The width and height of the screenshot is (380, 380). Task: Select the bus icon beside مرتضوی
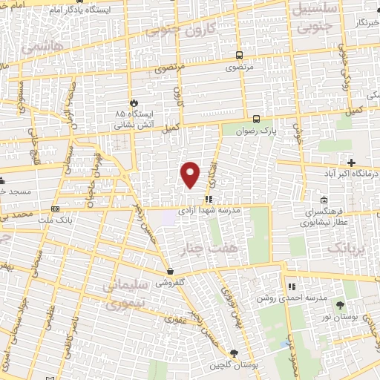click(x=239, y=55)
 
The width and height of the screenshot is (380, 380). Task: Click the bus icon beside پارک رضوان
click(x=256, y=118)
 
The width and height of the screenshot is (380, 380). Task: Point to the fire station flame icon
click(x=133, y=102)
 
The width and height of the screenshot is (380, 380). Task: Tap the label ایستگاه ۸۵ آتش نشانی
click(x=134, y=119)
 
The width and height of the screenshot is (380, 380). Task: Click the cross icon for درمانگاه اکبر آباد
click(x=351, y=163)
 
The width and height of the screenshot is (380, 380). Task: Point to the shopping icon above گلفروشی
click(x=171, y=271)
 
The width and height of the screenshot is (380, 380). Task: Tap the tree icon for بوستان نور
click(x=340, y=305)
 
